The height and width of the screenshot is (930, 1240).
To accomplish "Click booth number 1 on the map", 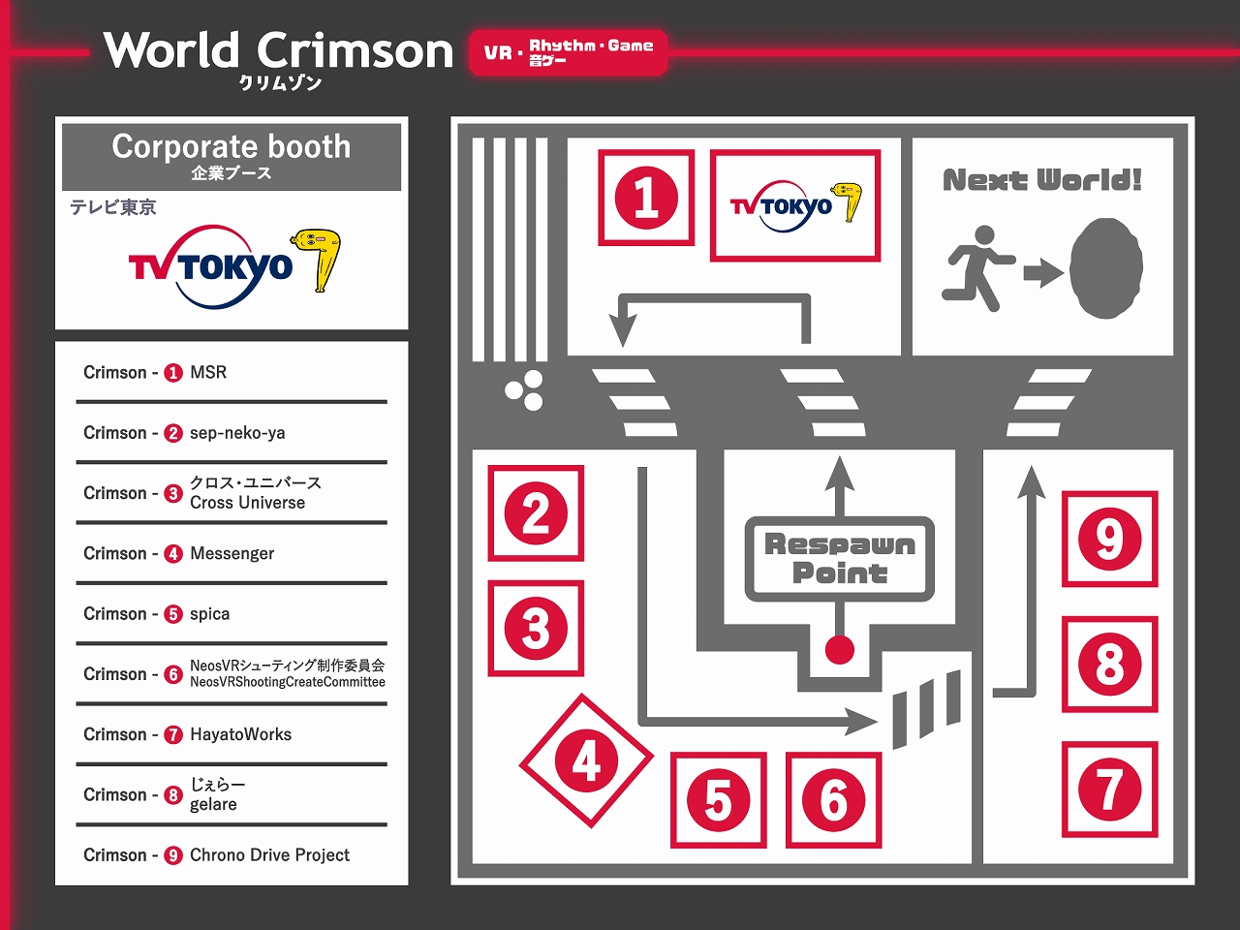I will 646,198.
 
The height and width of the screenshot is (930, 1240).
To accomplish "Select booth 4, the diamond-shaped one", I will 586,761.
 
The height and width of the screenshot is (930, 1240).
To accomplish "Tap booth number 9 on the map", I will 1109,539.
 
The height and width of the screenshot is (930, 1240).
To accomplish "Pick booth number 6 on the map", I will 833,800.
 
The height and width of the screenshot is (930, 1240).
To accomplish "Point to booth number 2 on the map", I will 536,513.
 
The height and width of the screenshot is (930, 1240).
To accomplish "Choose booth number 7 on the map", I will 1109,789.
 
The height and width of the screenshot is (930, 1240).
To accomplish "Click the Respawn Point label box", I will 839,558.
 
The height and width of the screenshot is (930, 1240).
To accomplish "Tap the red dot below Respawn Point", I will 839,650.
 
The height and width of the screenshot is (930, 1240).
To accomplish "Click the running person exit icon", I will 977,267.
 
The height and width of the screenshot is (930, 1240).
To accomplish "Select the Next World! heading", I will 1042,180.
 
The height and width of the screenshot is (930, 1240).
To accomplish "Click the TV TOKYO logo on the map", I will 795,205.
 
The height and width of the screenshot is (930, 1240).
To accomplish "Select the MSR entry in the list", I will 208,372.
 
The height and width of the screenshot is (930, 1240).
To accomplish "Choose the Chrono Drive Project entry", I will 269,854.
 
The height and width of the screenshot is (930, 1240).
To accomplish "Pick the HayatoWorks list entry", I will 240,734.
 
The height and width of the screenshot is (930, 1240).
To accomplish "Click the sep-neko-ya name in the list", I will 237,433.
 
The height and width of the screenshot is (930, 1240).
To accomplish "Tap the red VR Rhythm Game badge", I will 569,52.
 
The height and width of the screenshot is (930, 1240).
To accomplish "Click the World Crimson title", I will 279,52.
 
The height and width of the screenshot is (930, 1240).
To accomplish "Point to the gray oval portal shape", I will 1106,269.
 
